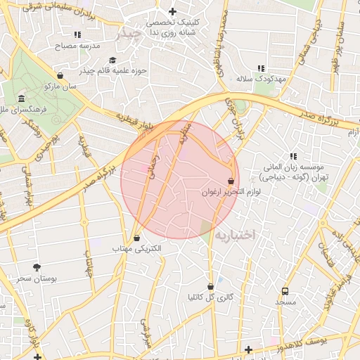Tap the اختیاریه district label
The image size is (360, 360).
point(238,233)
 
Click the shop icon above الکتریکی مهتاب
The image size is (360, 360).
point(136,238)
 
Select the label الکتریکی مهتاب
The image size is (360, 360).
point(136,249)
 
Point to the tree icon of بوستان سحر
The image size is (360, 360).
point(37,267)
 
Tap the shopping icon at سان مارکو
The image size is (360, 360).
point(60,75)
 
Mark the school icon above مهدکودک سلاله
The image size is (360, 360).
point(261,68)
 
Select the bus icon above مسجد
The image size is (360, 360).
point(285,291)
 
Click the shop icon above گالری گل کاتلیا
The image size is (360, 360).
point(211,285)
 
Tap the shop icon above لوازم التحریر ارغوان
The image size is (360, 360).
point(231,181)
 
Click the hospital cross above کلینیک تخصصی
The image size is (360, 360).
point(172,11)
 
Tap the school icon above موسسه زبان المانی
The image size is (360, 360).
point(292,156)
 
